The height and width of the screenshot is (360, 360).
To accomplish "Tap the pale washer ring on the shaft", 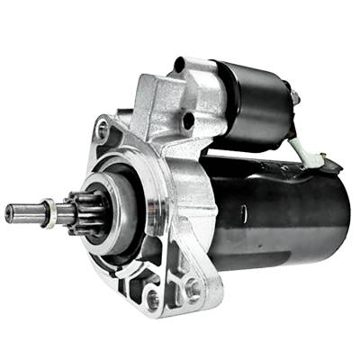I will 52,214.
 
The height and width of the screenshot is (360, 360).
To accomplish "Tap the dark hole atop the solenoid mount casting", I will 180,65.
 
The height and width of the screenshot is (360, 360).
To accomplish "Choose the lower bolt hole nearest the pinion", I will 152,298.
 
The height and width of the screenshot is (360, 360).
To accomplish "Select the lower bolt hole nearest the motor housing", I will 191,288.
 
